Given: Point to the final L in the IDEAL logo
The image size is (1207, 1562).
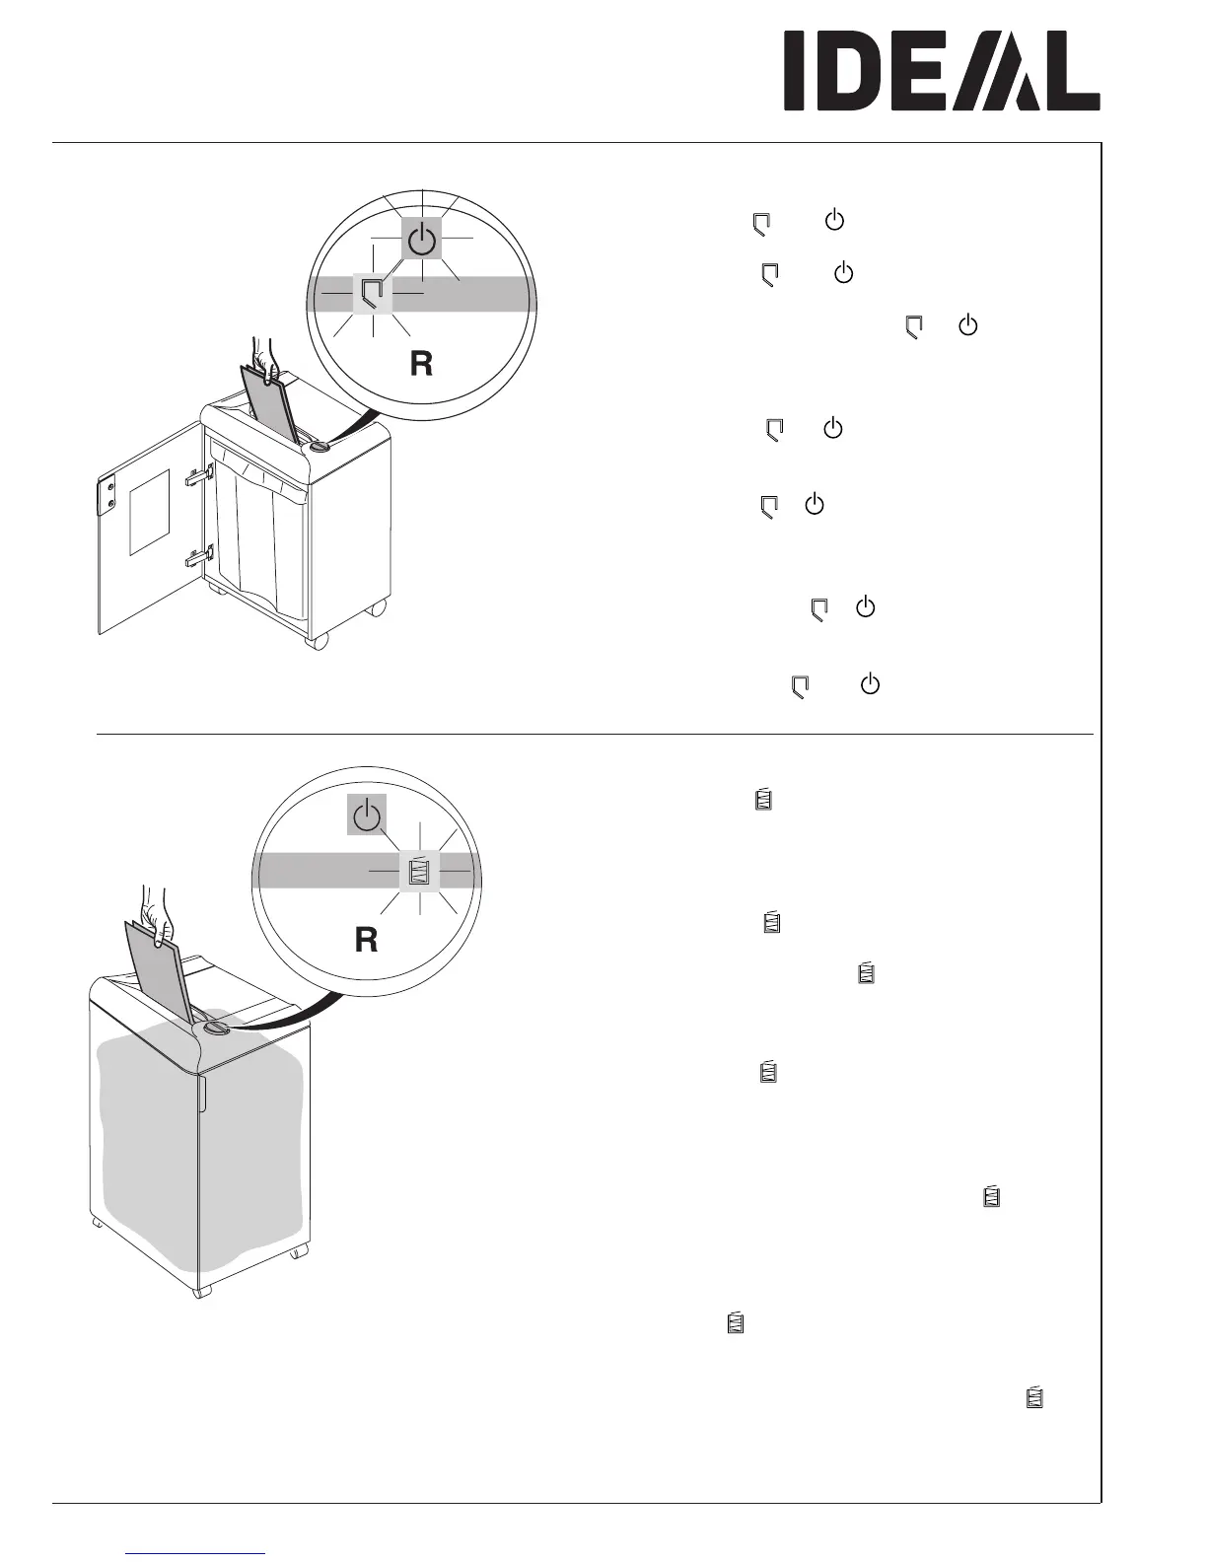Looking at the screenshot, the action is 1071,70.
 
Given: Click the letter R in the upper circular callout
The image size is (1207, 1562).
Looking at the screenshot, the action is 421,365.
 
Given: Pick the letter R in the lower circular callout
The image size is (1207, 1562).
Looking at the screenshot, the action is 366,941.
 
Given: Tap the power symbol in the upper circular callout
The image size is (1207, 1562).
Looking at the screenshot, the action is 421,238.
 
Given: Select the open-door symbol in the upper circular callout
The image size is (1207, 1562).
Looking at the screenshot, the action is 373,293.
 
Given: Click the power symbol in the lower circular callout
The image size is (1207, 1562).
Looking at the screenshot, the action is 367,816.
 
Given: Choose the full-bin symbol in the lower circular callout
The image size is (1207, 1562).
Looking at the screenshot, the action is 420,872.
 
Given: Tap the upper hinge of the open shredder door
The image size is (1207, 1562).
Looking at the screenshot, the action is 197,477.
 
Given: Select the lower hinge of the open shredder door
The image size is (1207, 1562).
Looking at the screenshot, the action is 197,559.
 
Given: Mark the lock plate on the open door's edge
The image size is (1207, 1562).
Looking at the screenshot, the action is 109,494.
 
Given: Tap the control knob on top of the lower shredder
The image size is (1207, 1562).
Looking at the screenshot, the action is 214,1029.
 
